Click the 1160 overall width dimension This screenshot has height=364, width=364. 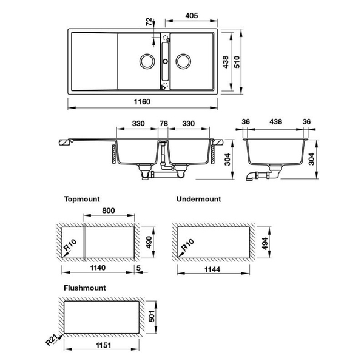141,101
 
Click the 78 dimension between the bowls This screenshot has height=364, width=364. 163,124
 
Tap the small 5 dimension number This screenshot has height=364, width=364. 139,268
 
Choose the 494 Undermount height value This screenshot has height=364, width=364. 265,243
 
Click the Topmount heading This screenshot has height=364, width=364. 81,199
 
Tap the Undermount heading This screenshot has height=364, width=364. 198,199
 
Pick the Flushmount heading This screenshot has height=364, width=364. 84,288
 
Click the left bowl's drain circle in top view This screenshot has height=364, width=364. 147,61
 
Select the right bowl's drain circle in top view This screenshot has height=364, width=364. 183,61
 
